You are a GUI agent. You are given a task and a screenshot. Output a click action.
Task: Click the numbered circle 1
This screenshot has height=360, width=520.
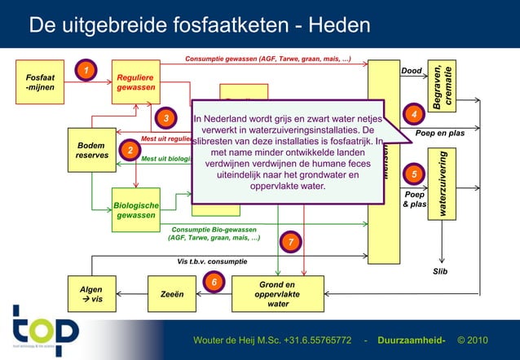pos(83,70)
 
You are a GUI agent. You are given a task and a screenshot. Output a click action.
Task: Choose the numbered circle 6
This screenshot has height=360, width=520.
pos(214,282)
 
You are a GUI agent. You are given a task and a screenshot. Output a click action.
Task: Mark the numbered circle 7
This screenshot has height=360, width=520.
pos(291,241)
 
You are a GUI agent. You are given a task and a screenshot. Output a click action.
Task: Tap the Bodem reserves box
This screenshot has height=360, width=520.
pos(92,148)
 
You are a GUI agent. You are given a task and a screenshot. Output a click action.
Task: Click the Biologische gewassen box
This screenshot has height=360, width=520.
pos(136,209)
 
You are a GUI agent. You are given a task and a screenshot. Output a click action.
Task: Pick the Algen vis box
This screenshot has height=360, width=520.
pos(91,294)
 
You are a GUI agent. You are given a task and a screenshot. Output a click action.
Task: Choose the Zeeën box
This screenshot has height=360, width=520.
pos(171,294)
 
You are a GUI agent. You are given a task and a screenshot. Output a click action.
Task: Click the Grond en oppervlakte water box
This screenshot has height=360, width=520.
pos(278,294)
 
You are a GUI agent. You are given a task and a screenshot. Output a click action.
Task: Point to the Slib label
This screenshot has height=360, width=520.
pos(441,271)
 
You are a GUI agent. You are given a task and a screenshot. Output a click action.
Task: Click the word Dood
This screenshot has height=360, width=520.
pos(412,71)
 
